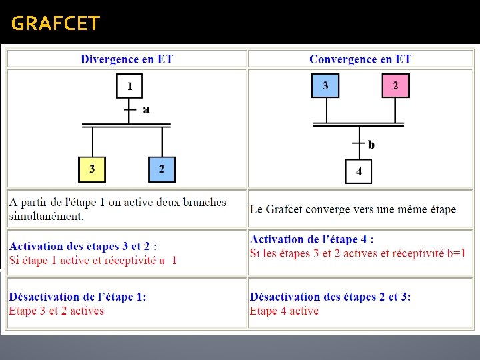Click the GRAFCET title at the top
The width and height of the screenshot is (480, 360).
(55, 24)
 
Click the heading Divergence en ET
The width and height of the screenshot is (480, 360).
(127, 59)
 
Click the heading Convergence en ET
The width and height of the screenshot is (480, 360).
(360, 59)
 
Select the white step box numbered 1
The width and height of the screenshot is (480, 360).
(129, 86)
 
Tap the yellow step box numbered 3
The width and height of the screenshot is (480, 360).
(92, 169)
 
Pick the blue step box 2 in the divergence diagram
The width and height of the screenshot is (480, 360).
(161, 169)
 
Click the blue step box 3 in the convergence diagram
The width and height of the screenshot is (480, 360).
(325, 85)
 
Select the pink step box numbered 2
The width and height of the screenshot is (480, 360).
(395, 85)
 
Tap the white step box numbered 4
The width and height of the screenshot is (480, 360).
(359, 171)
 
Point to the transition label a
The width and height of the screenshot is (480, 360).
(146, 109)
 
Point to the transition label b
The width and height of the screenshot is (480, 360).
(371, 145)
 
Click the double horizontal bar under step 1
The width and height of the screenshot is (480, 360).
(126, 125)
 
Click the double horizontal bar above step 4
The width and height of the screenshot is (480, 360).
(359, 123)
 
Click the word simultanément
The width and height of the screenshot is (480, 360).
(47, 215)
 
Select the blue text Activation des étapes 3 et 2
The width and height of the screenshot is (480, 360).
(83, 247)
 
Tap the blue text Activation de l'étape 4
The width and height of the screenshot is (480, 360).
(312, 239)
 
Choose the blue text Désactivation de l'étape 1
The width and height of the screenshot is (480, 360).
(78, 297)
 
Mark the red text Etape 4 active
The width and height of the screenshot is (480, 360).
(285, 311)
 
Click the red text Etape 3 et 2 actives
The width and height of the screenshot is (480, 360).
(57, 311)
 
